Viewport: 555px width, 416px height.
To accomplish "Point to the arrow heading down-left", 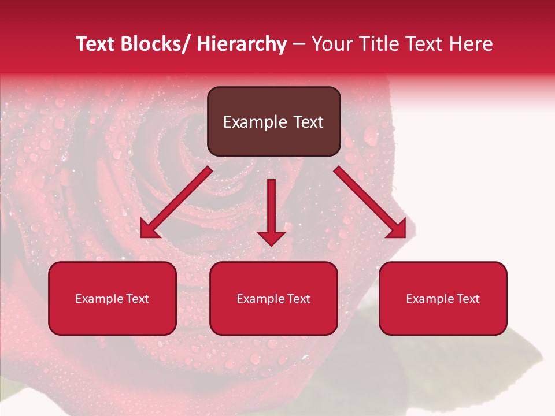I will [x=176, y=202].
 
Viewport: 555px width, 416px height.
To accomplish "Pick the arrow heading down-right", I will [x=370, y=202].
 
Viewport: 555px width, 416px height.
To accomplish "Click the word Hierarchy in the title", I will [x=242, y=44].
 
